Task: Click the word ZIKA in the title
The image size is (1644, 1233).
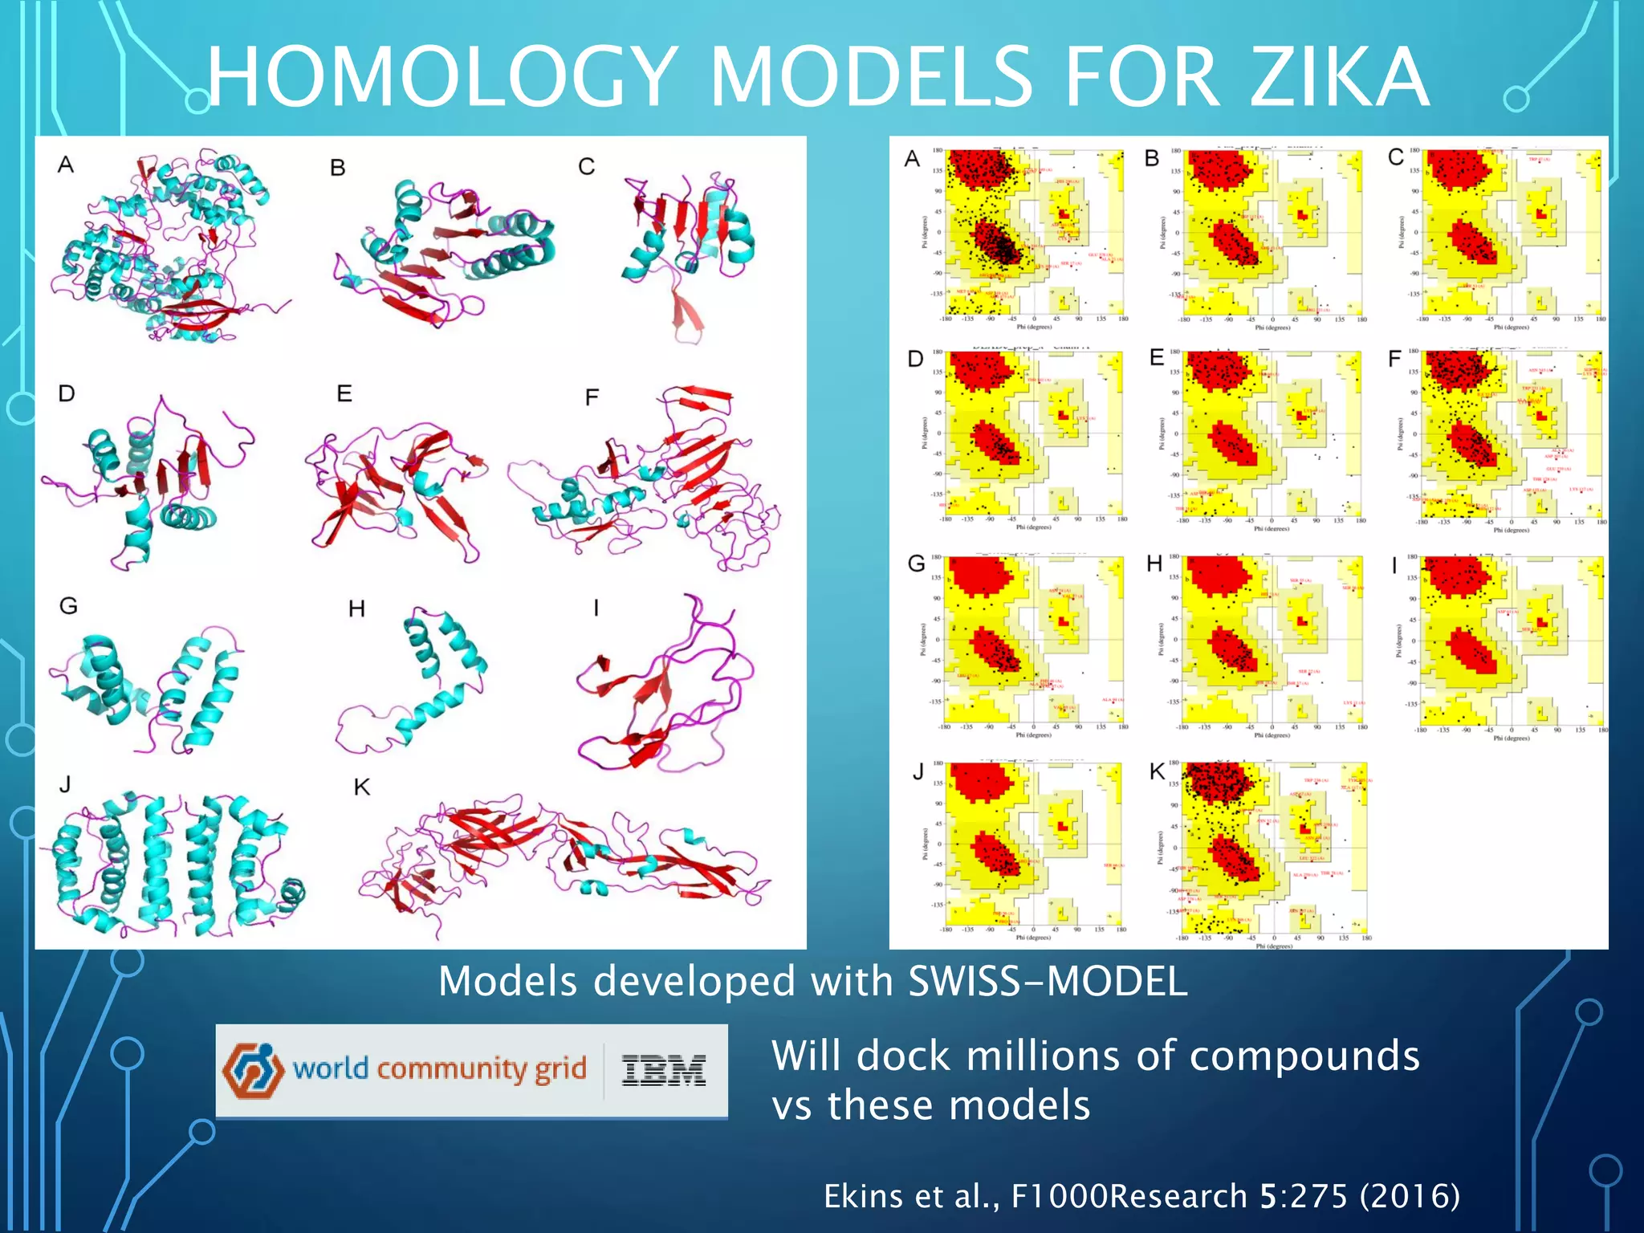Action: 1339,77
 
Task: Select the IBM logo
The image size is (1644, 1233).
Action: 664,1070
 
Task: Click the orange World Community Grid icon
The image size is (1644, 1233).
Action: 253,1070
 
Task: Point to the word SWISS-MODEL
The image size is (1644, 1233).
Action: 1048,981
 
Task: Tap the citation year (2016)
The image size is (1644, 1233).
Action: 1410,1196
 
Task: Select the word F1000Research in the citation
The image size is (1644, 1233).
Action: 1129,1196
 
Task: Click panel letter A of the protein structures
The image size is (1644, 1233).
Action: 66,165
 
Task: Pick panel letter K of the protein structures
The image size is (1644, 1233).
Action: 362,787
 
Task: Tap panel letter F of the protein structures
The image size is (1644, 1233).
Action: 592,397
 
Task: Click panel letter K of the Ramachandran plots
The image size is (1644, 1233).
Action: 1157,772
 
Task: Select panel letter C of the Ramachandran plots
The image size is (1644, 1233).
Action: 1396,157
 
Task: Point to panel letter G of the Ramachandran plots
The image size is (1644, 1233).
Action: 916,564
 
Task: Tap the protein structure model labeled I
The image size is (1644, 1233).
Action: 662,686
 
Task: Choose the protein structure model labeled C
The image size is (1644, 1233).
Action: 686,241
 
